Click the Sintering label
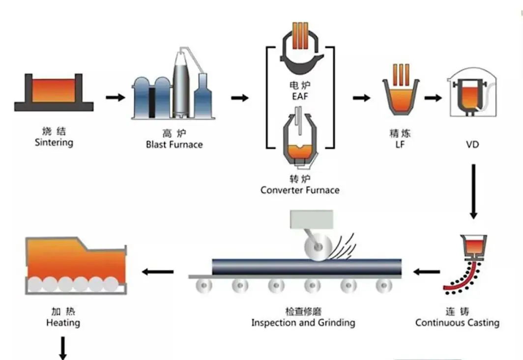coord(54,143)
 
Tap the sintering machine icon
coord(54,92)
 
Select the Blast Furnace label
coord(174,145)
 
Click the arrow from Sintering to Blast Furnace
coord(116,97)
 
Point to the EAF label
coord(300,96)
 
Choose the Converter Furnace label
coord(300,190)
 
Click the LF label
coord(400,145)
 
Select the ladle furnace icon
coord(401,90)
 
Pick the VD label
coord(472,145)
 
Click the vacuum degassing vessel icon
coord(472,92)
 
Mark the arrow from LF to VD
coord(433,98)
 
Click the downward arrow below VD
coord(473,191)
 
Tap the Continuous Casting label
coord(457,323)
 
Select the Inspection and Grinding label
coord(303,323)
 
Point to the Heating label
coord(63,323)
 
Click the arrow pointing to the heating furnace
coord(158,271)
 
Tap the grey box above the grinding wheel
coord(312,219)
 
